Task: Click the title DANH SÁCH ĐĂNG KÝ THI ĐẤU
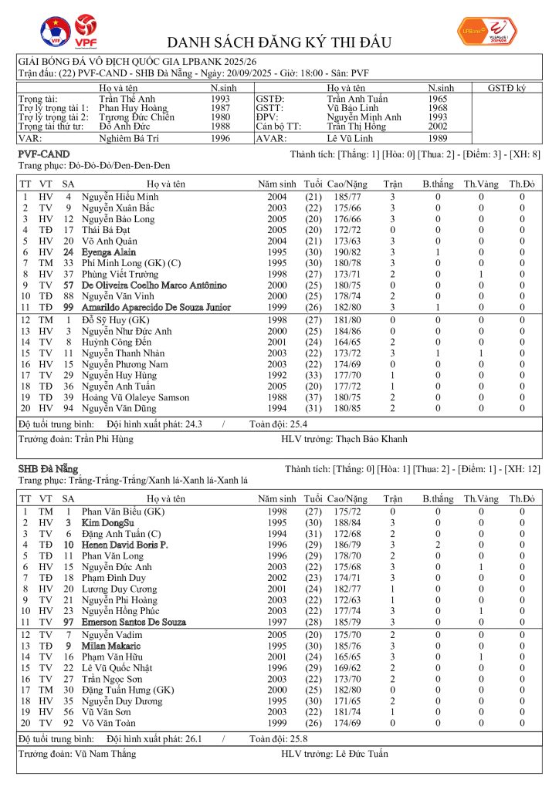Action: (x=279, y=42)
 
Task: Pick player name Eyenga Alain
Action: (x=109, y=252)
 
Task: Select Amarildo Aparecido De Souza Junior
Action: (x=156, y=307)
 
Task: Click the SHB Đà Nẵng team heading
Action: (x=48, y=469)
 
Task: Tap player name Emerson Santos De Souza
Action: (x=134, y=622)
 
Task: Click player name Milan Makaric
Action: (x=111, y=646)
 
